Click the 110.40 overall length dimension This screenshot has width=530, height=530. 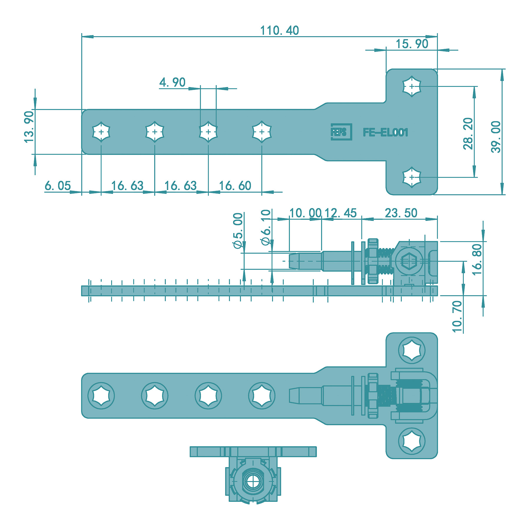click(279, 30)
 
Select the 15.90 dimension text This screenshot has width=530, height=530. click(412, 44)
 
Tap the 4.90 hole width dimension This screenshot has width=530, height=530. click(172, 82)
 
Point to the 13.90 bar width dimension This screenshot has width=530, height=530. click(29, 127)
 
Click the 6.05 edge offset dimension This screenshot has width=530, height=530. click(58, 186)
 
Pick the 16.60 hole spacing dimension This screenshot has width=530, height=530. click(235, 186)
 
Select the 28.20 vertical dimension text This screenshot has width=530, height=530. click(468, 134)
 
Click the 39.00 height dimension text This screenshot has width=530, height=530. click(496, 137)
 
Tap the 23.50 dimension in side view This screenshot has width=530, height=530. click(401, 213)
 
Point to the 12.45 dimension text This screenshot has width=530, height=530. click(341, 213)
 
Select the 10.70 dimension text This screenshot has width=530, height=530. click(457, 317)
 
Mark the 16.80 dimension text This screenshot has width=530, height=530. click(477, 259)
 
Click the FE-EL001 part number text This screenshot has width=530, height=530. click(385, 132)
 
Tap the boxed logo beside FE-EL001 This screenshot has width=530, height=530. click(341, 132)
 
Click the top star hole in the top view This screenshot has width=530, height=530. click(412, 86)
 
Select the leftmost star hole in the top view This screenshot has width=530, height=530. click(101, 132)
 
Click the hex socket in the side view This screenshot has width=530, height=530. click(409, 261)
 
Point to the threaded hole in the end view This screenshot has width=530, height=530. click(252, 482)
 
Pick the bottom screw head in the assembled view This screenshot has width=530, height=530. click(412, 441)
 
